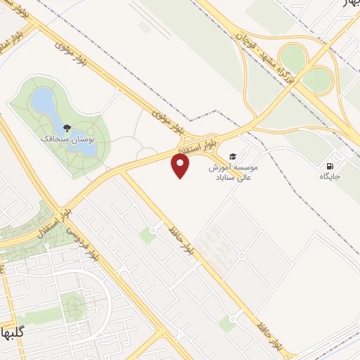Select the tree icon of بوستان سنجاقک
click(67, 128)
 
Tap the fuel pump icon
click(328, 166)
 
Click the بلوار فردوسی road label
click(78, 241)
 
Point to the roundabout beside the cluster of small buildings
click(242, 255)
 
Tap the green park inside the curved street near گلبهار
click(72, 306)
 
